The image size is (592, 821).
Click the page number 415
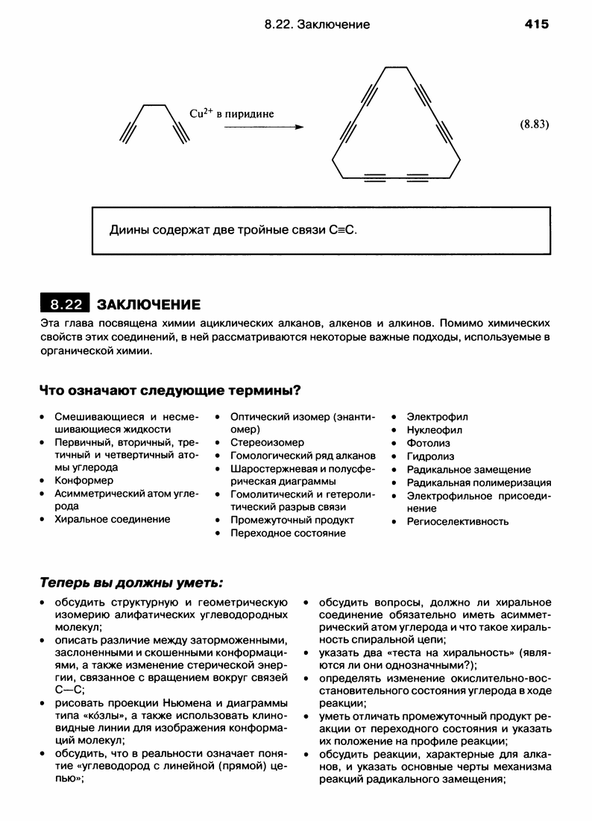click(536, 25)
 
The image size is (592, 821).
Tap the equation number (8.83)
click(534, 125)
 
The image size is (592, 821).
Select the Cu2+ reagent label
click(201, 114)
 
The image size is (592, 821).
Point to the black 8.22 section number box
click(64, 304)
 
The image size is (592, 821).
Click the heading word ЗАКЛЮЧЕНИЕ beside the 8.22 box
click(148, 305)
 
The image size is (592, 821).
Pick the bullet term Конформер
click(84, 480)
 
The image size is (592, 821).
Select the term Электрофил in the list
click(438, 416)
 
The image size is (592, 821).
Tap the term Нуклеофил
click(435, 430)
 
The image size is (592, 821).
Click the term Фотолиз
click(428, 443)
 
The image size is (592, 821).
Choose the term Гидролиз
click(430, 456)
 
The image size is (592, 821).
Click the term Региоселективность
click(458, 521)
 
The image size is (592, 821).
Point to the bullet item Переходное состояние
click(288, 533)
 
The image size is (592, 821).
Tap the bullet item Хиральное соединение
click(112, 519)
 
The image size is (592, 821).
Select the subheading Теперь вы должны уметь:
click(130, 581)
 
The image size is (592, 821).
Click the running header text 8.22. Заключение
click(317, 25)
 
